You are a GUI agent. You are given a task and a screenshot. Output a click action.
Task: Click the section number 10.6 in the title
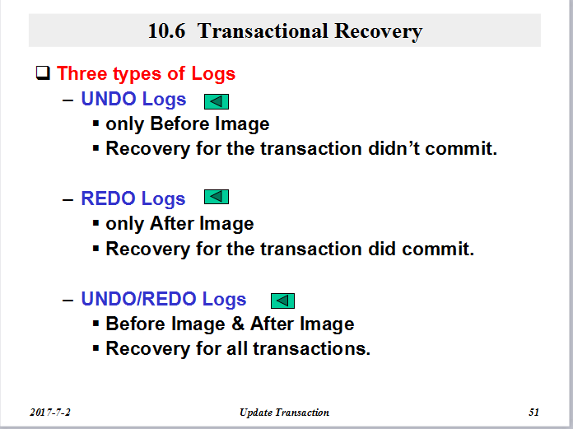click(x=166, y=30)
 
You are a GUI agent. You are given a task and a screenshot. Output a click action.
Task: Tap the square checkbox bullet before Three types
click(x=43, y=72)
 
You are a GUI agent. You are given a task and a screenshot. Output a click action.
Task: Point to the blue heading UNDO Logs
click(x=133, y=99)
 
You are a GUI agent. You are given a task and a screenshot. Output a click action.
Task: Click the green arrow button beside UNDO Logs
click(x=217, y=101)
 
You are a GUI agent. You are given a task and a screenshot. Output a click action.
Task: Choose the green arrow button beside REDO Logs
click(x=217, y=197)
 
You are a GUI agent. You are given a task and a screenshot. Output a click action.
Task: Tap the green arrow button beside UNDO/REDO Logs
click(x=282, y=301)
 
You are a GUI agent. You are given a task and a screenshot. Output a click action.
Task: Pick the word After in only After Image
click(x=171, y=223)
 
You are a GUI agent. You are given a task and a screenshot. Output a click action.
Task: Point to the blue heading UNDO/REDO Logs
click(x=164, y=299)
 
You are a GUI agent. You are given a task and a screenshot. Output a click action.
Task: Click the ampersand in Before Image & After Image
click(x=238, y=324)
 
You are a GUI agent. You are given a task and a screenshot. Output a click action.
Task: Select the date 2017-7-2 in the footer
click(x=50, y=413)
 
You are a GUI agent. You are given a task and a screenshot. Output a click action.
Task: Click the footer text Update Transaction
click(x=284, y=413)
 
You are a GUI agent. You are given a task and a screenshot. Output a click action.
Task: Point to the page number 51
click(x=534, y=413)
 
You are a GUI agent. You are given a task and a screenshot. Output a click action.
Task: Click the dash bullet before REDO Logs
click(x=68, y=200)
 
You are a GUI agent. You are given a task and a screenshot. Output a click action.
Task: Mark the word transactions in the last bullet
click(x=312, y=348)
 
